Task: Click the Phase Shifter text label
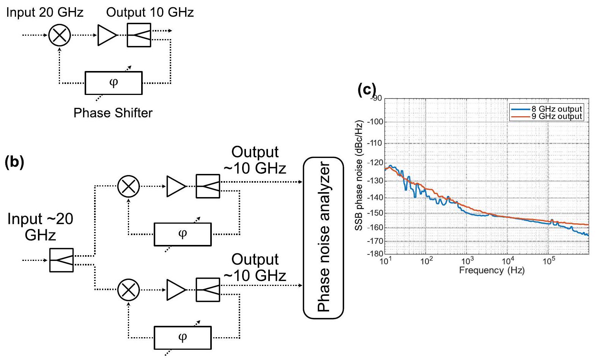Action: coord(113,113)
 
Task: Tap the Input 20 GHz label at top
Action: coord(45,12)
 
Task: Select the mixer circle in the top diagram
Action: coord(60,35)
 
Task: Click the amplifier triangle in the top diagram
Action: coord(107,35)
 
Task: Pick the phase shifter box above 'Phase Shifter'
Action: coord(113,83)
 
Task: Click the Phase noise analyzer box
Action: coord(323,238)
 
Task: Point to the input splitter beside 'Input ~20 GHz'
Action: coord(61,260)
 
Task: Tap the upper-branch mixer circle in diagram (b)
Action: coord(129,186)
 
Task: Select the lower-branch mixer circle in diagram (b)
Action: coord(129,290)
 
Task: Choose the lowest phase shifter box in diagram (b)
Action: coord(183,338)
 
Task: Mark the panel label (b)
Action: coord(14,162)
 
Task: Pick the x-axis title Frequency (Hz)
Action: coord(491,270)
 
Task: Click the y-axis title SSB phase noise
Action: coord(359,175)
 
